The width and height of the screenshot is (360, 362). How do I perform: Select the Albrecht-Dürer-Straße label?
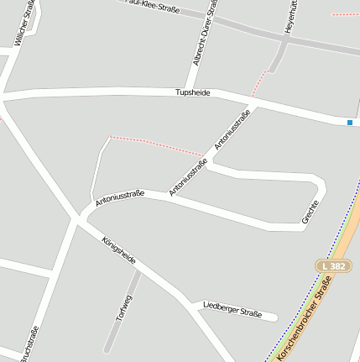204,35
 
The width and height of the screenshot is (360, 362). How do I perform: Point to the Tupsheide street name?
192,92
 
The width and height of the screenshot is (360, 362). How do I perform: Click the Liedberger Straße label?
232,309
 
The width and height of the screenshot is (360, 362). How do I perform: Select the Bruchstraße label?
29,344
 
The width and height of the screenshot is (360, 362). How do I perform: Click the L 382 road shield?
333,266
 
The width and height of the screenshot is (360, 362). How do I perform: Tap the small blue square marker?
350,123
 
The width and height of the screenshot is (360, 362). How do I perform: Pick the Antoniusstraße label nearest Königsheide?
120,197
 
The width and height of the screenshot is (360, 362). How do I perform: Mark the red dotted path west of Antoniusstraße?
155,144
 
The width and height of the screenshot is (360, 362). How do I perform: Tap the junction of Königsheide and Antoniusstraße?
81,216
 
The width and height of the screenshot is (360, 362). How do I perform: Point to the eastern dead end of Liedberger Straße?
274,317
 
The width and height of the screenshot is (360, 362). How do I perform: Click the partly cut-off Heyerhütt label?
290,17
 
